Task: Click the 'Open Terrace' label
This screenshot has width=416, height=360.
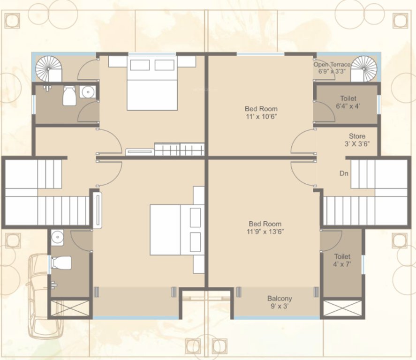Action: click(x=332, y=65)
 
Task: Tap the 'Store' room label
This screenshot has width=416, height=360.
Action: click(x=357, y=136)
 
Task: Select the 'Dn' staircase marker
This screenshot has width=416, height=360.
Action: click(x=344, y=173)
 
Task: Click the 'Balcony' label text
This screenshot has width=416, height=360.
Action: click(x=280, y=299)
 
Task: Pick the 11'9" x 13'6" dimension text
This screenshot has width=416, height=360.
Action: click(x=266, y=232)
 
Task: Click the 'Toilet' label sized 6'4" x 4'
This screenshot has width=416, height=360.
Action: click(x=348, y=98)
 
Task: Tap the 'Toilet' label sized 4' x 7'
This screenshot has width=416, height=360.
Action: click(x=342, y=256)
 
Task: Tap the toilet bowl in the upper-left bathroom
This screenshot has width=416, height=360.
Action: click(x=69, y=96)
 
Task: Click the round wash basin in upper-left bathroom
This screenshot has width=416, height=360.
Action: click(x=87, y=92)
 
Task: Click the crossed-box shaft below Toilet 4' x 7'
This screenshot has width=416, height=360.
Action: click(x=342, y=308)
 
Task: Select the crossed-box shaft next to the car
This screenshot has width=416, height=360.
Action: click(x=70, y=308)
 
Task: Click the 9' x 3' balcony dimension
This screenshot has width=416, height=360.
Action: click(x=280, y=307)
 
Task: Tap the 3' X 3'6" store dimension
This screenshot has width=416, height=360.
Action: click(x=356, y=144)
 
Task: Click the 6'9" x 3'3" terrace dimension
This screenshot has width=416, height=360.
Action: click(x=332, y=72)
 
